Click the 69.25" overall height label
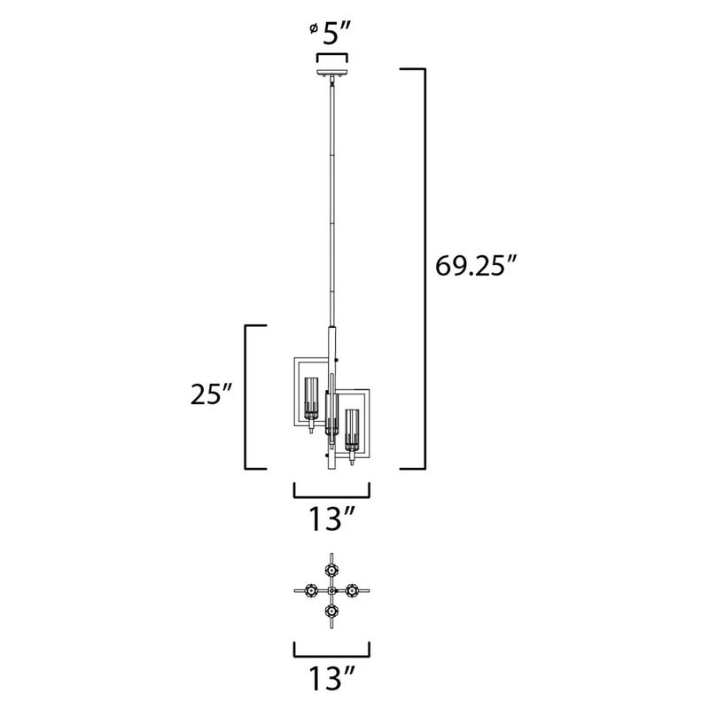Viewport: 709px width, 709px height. [475, 265]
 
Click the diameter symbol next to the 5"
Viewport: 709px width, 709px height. [314, 30]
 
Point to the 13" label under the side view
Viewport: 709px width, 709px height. [331, 518]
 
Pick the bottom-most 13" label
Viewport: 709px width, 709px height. [331, 680]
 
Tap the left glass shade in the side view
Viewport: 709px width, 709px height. [311, 399]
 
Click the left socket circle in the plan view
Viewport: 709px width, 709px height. [311, 590]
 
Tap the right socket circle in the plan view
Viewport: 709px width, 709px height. [353, 590]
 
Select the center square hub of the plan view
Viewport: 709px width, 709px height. [331, 590]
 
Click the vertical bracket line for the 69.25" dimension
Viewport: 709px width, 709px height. [425, 266]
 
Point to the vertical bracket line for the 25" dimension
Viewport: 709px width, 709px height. [245, 396]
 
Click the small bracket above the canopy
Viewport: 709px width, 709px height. [332, 58]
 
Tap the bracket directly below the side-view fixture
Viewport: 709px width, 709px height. [331, 494]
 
